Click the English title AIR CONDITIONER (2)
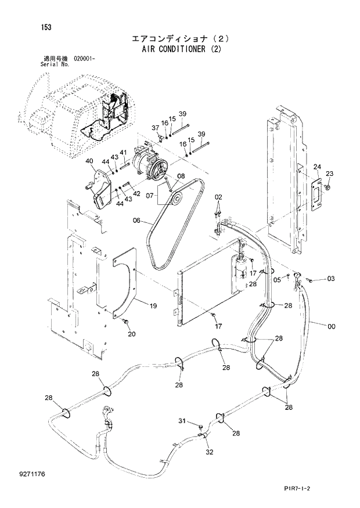pos(181,49)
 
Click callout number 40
pos(89,161)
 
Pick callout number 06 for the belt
pos(137,220)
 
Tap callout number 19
pos(153,306)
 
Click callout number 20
pos(131,334)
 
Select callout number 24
pos(317,167)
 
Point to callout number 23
pos(330,174)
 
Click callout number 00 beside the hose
pos(331,327)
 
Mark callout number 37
pos(155,128)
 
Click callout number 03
pos(330,279)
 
